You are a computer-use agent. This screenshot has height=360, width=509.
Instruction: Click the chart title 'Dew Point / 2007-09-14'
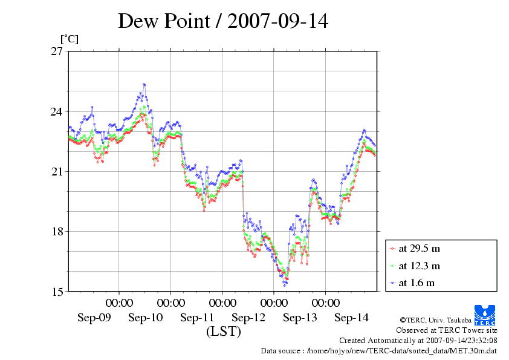pyautogui.click(x=223, y=21)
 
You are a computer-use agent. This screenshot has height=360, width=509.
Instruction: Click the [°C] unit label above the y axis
pyautogui.click(x=68, y=39)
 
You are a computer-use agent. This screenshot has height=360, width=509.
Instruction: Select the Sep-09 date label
pyautogui.click(x=94, y=318)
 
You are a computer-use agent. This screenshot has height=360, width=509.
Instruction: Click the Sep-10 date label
pyautogui.click(x=146, y=318)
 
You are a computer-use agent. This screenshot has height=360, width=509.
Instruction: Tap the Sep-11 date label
pyautogui.click(x=197, y=318)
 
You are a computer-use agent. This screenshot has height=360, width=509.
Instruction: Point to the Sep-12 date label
pyautogui.click(x=248, y=318)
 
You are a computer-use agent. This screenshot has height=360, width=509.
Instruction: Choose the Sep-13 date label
pyautogui.click(x=300, y=318)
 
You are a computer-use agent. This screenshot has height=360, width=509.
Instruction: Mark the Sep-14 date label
pyautogui.click(x=351, y=318)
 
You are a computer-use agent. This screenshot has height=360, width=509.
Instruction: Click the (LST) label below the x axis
pyautogui.click(x=224, y=332)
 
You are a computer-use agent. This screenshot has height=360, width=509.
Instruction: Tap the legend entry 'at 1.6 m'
pyautogui.click(x=417, y=282)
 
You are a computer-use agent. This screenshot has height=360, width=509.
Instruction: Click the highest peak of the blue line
pyautogui.click(x=144, y=84)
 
